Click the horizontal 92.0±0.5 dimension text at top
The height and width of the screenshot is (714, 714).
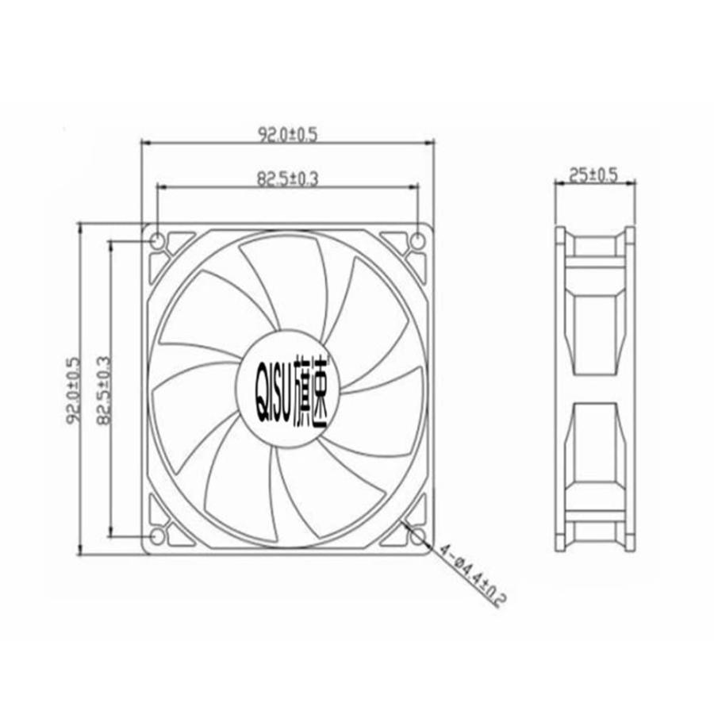pyautogui.click(x=287, y=134)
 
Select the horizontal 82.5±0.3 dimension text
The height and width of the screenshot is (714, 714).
pyautogui.click(x=287, y=179)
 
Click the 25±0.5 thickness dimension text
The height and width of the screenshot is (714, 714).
pyautogui.click(x=593, y=175)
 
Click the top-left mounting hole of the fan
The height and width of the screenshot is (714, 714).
pyautogui.click(x=157, y=240)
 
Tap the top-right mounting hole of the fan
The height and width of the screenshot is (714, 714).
pyautogui.click(x=418, y=240)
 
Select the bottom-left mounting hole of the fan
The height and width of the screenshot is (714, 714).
pyautogui.click(x=157, y=537)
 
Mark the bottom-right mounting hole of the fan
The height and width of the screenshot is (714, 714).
pyautogui.click(x=418, y=537)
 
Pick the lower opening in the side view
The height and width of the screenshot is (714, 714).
pyautogui.click(x=595, y=444)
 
